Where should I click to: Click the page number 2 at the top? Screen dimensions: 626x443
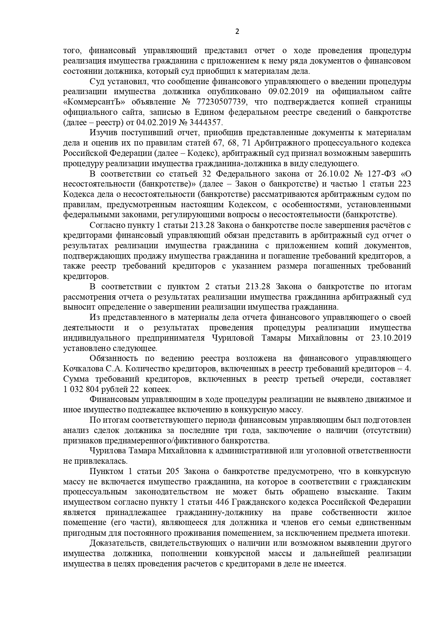[237, 31]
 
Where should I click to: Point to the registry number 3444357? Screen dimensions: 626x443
[204, 122]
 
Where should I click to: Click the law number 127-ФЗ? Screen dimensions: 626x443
[381, 174]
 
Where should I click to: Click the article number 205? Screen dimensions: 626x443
[175, 471]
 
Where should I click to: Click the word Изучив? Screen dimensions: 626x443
[102, 133]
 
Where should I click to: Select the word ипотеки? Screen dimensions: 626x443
[396, 533]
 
